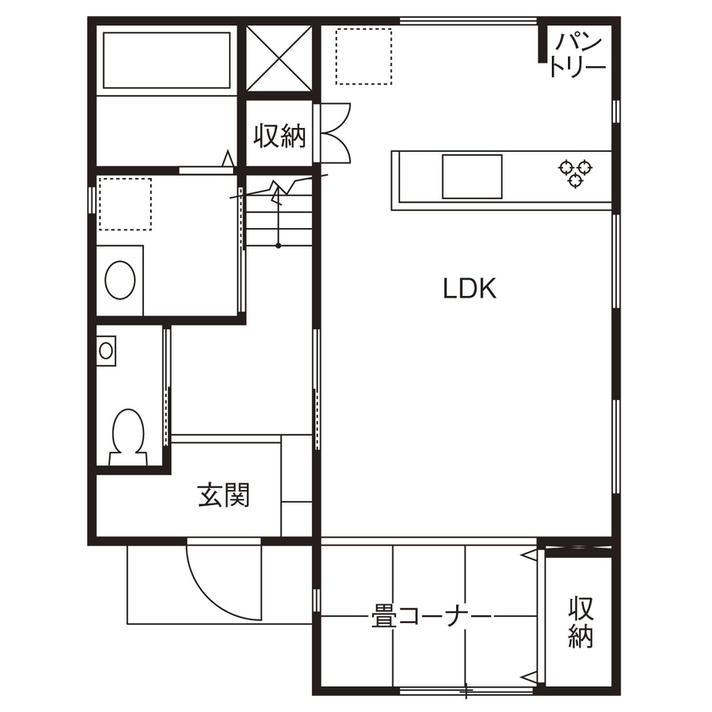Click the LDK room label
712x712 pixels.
click(x=470, y=288)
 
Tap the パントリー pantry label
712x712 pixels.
click(x=577, y=55)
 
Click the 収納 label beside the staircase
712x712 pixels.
click(x=280, y=136)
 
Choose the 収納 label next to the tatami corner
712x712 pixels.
click(x=581, y=622)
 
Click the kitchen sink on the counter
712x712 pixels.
click(x=472, y=176)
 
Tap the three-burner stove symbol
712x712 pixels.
click(x=576, y=173)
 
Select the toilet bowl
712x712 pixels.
click(x=129, y=437)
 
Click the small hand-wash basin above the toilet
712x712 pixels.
click(x=106, y=351)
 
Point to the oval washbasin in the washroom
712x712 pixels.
click(x=120, y=280)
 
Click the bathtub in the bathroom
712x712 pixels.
click(x=167, y=60)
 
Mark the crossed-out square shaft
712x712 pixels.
click(x=279, y=58)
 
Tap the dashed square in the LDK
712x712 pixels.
click(x=364, y=56)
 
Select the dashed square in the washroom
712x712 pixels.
click(x=125, y=204)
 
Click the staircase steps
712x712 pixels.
click(x=278, y=214)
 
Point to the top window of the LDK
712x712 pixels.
click(x=468, y=20)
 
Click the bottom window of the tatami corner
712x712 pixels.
click(x=467, y=691)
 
